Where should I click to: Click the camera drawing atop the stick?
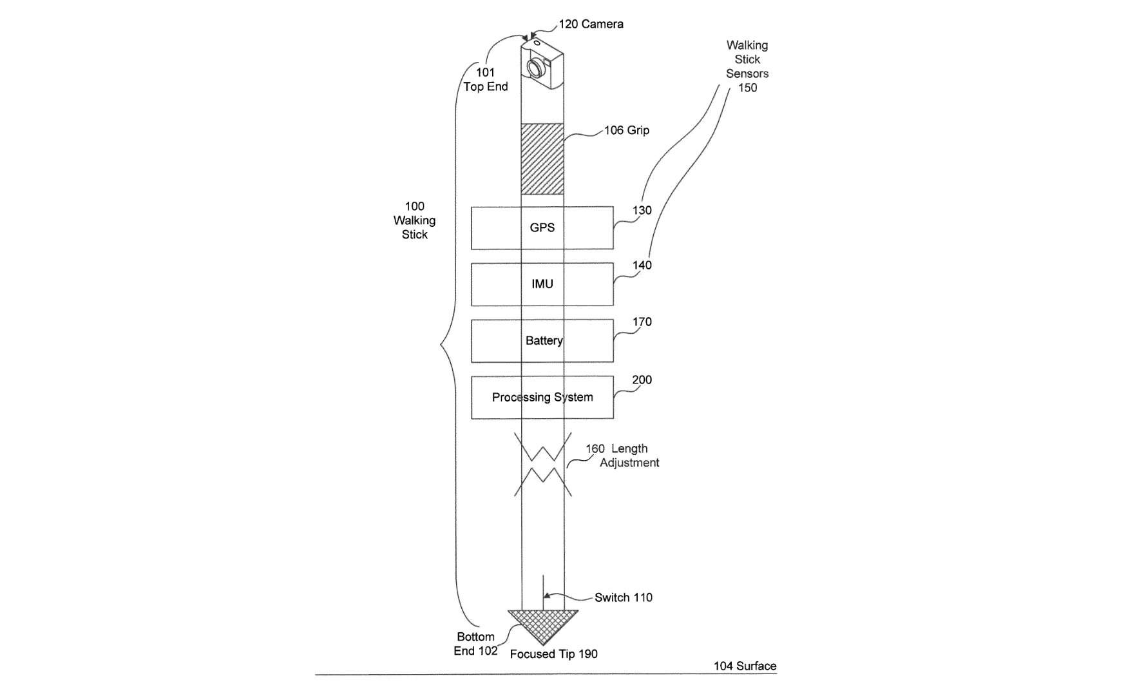coord(542,63)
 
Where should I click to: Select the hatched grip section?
coord(542,159)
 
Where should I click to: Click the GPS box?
coord(542,228)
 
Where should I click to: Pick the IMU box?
coord(542,284)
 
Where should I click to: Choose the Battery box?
coord(542,341)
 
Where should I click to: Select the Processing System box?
coord(542,398)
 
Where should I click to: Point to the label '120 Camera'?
coord(591,24)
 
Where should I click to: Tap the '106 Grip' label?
coord(627,130)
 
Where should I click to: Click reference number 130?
coord(642,210)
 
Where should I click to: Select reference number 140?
coord(642,265)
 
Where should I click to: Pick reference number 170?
coord(642,322)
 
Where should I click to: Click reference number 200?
coord(642,380)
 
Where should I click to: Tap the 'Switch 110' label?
coord(624,597)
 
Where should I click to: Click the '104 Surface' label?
coord(745,666)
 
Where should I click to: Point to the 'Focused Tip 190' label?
coord(554,654)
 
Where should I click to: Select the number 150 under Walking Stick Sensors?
coord(748,88)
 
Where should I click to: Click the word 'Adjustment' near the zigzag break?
coord(629,463)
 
